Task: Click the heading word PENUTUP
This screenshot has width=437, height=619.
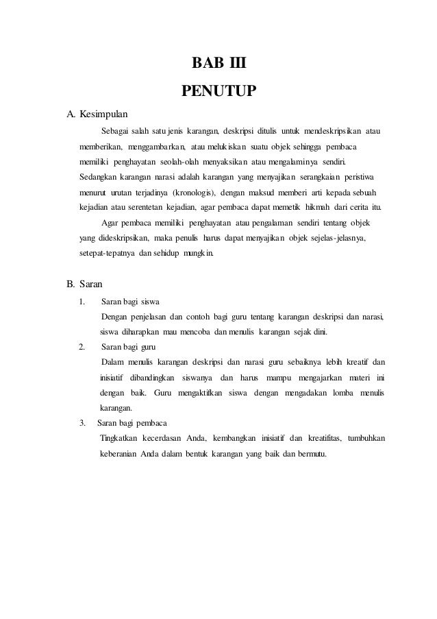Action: point(218,90)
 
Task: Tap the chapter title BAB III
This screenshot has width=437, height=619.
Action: point(218,66)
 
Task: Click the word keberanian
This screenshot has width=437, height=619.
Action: point(121,454)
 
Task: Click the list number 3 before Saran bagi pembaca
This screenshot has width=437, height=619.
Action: point(83,422)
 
